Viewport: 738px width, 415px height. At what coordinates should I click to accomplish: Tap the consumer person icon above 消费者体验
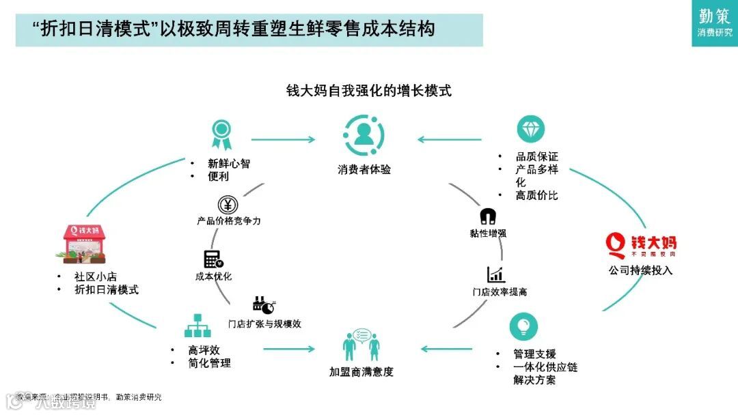(x=364, y=134)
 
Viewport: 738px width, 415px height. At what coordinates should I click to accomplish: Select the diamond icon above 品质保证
(x=530, y=130)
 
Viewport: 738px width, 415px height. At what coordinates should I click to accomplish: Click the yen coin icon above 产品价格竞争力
(x=228, y=205)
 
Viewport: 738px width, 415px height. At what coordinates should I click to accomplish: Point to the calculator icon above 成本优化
(x=213, y=259)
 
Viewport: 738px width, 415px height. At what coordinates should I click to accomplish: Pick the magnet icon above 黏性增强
(x=488, y=217)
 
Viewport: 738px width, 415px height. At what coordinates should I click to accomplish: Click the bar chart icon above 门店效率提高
(x=496, y=274)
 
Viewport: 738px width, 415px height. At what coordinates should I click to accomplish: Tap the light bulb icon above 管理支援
(x=523, y=326)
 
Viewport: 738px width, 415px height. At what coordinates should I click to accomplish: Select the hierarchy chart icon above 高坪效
(x=198, y=326)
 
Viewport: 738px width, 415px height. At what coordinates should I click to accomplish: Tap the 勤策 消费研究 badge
(x=714, y=23)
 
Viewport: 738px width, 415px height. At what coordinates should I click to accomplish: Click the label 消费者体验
(x=364, y=169)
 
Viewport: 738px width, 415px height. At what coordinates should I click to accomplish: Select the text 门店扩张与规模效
(x=264, y=324)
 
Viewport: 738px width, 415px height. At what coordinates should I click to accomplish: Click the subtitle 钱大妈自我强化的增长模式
(x=369, y=91)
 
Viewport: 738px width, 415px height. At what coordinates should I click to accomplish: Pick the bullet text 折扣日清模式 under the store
(x=107, y=289)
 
